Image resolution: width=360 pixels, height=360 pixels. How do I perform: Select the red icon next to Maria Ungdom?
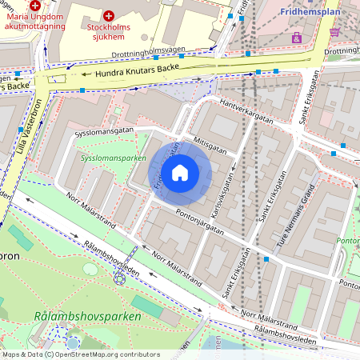click(35, 5)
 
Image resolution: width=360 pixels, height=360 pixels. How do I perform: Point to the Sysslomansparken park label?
click(113, 158)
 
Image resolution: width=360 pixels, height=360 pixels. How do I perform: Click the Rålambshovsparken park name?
click(88, 316)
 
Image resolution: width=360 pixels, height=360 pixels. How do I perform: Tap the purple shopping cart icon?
click(334, 32)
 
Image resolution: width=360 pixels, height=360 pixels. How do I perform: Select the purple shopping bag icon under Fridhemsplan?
click(297, 37)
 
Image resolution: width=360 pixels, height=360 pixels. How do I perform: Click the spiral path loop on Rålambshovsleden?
click(120, 278)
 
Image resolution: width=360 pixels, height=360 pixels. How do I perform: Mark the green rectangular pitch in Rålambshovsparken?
click(147, 307)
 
